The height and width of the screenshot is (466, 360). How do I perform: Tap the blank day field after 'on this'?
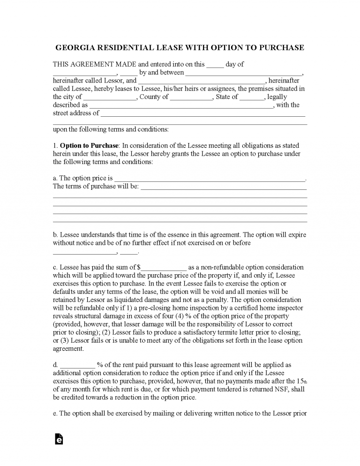pos(215,65)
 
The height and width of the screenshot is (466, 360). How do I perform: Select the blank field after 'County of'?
pos(191,97)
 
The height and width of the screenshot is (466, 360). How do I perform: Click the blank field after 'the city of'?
pos(110,97)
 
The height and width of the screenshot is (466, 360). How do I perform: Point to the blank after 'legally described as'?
pos(181,105)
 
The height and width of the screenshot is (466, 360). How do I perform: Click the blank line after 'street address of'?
pos(202,113)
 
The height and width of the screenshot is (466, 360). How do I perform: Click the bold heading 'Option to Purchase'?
pos(90,145)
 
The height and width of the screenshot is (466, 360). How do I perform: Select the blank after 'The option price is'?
pos(210,178)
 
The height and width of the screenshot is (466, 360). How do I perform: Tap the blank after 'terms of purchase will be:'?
pos(224,186)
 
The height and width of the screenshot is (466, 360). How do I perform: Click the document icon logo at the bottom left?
pos(59,439)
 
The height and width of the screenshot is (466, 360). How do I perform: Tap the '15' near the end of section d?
pos(300,381)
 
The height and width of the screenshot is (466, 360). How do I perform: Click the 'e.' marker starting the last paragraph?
pos(55,413)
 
